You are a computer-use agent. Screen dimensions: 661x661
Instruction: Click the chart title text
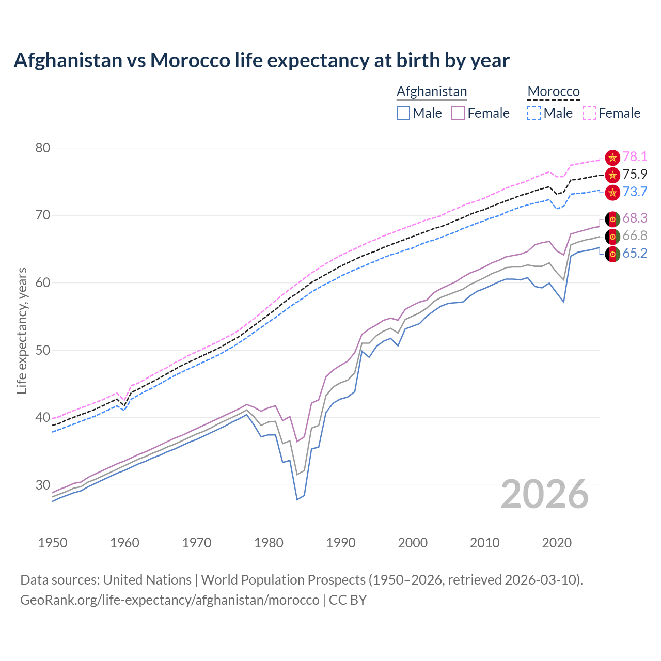point(261,60)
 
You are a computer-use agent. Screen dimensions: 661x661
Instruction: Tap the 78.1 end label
point(635,156)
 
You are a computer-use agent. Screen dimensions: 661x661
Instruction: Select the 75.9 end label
point(635,174)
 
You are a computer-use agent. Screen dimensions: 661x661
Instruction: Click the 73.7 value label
point(635,192)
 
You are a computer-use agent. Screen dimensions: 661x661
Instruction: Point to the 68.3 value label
point(635,218)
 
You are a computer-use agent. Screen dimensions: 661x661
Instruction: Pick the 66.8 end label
point(635,235)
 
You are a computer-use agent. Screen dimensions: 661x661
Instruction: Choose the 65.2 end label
point(635,253)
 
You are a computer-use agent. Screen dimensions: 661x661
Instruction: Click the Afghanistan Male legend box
point(403,113)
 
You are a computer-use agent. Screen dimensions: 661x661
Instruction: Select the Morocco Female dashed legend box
point(589,113)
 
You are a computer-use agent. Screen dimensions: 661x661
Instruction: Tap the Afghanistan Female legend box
point(458,113)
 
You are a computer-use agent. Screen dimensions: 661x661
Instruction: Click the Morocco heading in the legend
point(554,91)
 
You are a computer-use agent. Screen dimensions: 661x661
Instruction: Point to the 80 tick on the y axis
point(43,148)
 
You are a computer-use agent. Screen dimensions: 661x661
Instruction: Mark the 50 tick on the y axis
point(43,350)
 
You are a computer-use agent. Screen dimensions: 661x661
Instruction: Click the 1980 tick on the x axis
point(269,543)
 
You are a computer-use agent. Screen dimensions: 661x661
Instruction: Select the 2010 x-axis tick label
point(484,543)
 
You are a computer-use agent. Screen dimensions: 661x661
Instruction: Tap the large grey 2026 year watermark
point(545,494)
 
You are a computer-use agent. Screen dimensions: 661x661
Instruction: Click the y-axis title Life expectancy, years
point(22,330)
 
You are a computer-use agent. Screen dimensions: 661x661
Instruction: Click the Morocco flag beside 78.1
point(612,158)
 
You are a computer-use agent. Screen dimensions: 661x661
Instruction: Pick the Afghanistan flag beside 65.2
point(612,254)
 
